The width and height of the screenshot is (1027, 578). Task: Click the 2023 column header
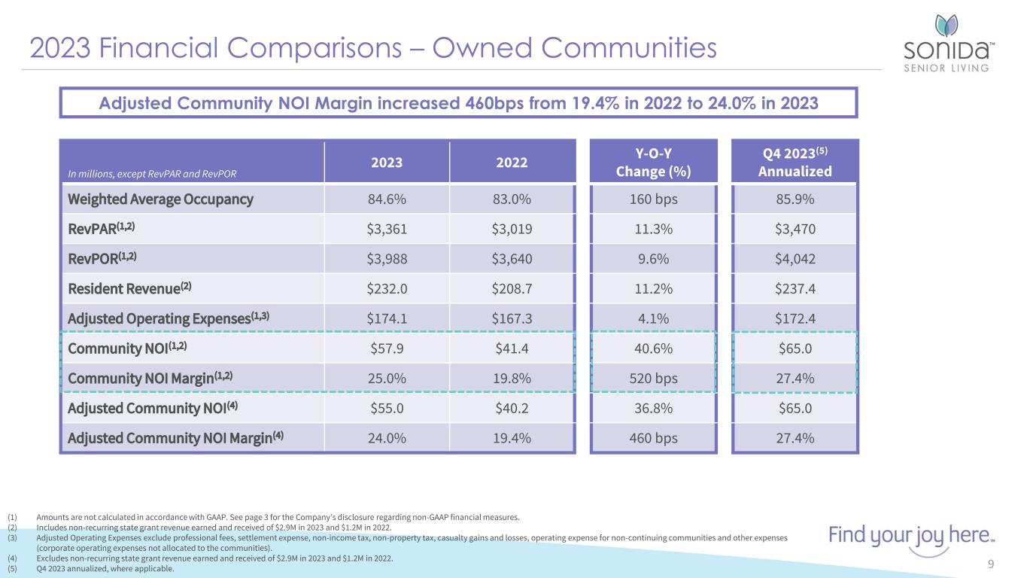(x=386, y=162)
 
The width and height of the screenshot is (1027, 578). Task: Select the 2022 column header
(x=511, y=162)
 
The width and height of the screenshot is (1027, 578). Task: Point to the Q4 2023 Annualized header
(x=794, y=162)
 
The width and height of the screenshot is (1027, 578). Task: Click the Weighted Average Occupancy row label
(x=160, y=199)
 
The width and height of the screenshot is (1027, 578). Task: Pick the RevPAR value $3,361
(x=386, y=229)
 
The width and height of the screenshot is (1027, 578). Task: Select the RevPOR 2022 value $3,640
(x=511, y=259)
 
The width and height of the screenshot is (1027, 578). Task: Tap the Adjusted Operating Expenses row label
(x=169, y=319)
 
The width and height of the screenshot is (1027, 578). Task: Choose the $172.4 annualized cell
(x=794, y=319)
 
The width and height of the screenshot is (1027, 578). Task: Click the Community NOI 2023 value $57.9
(x=386, y=349)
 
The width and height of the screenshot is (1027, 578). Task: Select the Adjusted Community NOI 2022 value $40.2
(x=511, y=409)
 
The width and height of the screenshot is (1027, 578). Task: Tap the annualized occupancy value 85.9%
(x=794, y=199)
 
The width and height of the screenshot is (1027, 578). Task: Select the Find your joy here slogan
(x=911, y=537)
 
